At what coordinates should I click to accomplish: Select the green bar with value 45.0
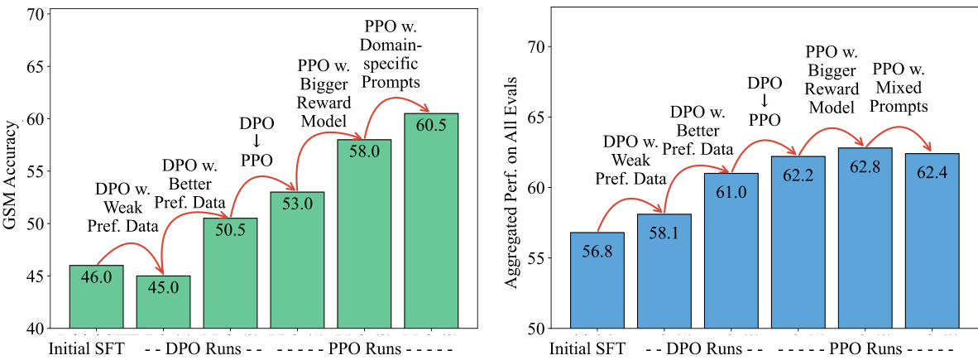tap(163, 301)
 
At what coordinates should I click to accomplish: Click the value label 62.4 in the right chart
tap(932, 170)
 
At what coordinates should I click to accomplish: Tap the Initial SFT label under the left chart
tap(87, 348)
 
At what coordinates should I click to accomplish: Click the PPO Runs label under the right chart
tap(865, 348)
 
